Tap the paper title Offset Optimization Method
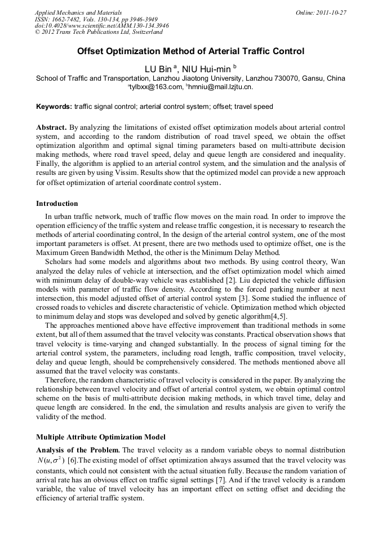point(190,51)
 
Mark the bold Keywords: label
point(54,107)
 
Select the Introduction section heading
point(57,204)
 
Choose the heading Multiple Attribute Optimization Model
point(100,437)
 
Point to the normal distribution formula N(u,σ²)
point(51,460)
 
